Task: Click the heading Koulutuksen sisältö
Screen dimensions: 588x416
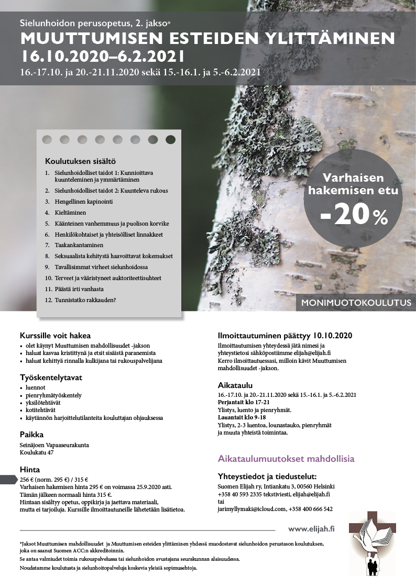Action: pyautogui.click(x=80, y=161)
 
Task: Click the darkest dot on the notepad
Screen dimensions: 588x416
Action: pyautogui.click(x=170, y=139)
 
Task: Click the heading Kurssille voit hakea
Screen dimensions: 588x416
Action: pyautogui.click(x=55, y=336)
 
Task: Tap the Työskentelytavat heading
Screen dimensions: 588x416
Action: pyautogui.click(x=51, y=377)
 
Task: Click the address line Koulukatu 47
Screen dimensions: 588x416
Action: pyautogui.click(x=37, y=452)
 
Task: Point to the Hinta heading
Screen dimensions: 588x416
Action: pyautogui.click(x=30, y=470)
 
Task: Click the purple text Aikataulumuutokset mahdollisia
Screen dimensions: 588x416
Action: pyautogui.click(x=286, y=459)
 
